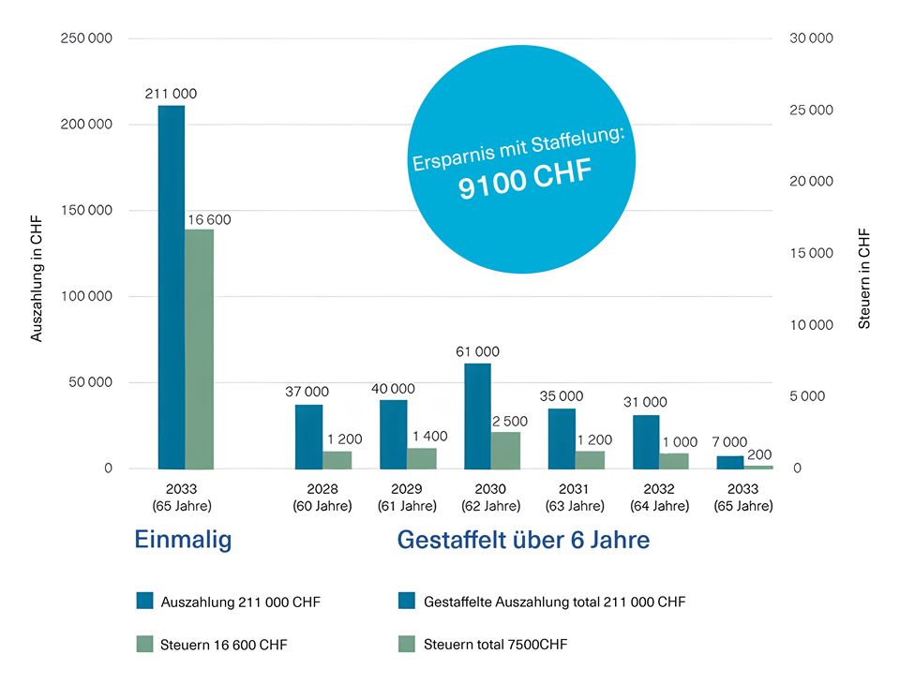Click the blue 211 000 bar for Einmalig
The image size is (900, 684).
point(171,287)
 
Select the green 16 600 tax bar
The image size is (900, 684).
point(199,349)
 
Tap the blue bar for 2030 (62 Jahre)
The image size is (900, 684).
point(477,416)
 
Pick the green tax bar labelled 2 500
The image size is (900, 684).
point(505,450)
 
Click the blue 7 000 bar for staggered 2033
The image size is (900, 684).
point(730,462)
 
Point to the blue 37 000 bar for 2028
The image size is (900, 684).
point(308,437)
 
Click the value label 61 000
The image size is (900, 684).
point(477,351)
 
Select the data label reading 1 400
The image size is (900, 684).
point(429,436)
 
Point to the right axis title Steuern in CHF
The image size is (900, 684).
point(864,278)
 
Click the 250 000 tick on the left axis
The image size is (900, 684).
point(85,38)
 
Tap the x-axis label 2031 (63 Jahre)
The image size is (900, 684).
point(575,498)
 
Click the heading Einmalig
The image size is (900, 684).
point(183,541)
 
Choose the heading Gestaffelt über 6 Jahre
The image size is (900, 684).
point(523,541)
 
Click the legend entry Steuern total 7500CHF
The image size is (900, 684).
point(495,645)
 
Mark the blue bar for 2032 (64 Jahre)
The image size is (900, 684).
point(646,441)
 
